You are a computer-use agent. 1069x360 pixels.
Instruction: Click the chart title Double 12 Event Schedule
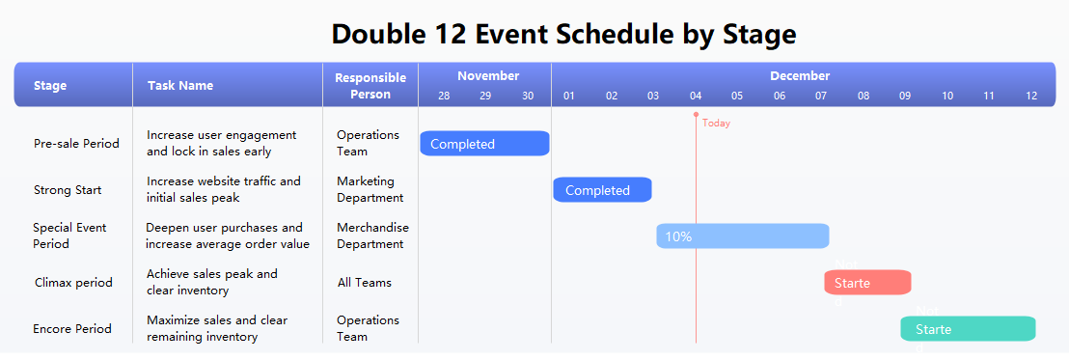pyautogui.click(x=563, y=34)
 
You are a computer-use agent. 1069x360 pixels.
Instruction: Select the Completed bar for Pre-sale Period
pyautogui.click(x=484, y=144)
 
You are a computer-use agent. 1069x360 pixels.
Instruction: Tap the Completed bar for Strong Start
pyautogui.click(x=602, y=190)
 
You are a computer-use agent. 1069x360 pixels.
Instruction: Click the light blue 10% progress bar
pyautogui.click(x=742, y=236)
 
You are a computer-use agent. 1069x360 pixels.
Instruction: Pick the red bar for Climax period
pyautogui.click(x=867, y=283)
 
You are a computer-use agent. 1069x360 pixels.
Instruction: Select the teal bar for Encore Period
pyautogui.click(x=968, y=329)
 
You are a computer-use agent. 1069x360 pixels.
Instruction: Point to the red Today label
pyautogui.click(x=716, y=124)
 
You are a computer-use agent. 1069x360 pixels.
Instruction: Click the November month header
pyautogui.click(x=488, y=76)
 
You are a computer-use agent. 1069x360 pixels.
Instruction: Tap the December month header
pyautogui.click(x=800, y=76)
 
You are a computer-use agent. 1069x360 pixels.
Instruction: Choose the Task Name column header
pyautogui.click(x=180, y=86)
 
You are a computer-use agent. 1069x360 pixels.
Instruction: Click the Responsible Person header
pyautogui.click(x=370, y=86)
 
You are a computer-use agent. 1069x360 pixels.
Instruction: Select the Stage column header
pyautogui.click(x=50, y=86)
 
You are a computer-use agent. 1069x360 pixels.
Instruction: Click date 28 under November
pyautogui.click(x=444, y=96)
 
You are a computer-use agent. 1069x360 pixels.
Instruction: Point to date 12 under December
pyautogui.click(x=1031, y=96)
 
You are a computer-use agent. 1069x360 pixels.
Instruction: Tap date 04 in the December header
pyautogui.click(x=696, y=96)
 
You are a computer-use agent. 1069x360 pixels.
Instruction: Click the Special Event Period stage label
pyautogui.click(x=69, y=235)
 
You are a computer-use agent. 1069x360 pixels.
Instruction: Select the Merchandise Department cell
pyautogui.click(x=372, y=235)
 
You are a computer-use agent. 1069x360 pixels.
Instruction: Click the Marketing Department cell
pyautogui.click(x=370, y=189)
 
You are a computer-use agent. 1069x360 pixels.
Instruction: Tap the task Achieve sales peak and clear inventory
pyautogui.click(x=211, y=282)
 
